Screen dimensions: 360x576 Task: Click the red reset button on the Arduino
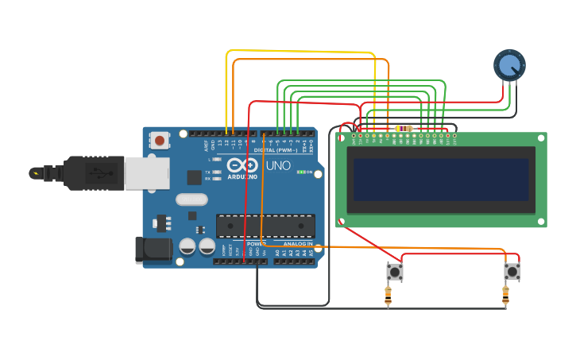[160, 141]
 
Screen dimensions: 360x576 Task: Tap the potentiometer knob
[509, 65]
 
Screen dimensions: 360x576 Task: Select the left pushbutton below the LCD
[394, 272]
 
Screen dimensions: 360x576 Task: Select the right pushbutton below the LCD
[512, 272]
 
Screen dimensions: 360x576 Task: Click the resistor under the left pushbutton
[388, 296]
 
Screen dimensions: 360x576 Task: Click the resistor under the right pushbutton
[505, 296]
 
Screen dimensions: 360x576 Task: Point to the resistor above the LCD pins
[404, 128]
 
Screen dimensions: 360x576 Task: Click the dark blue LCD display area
[441, 179]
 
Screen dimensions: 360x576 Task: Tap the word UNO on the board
[277, 166]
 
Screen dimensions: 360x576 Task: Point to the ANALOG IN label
[298, 244]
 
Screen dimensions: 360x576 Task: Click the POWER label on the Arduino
[256, 244]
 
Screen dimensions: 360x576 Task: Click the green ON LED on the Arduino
[300, 172]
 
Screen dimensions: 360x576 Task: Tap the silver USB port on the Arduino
[147, 172]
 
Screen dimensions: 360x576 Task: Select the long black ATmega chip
[265, 225]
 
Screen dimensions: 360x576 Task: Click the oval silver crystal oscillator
[191, 199]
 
